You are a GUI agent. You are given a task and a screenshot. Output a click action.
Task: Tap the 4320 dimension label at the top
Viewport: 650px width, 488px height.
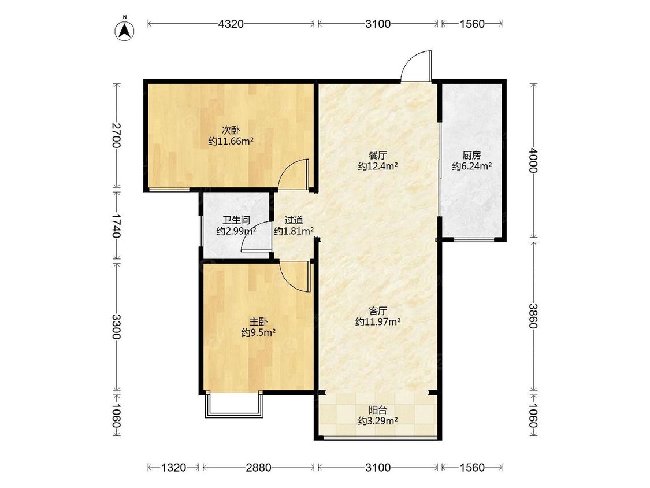(x=231, y=24)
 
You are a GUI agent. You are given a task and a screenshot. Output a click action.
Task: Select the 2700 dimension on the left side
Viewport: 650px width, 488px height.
(x=116, y=135)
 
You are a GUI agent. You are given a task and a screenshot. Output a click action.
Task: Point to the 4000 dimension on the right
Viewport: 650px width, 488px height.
(x=533, y=161)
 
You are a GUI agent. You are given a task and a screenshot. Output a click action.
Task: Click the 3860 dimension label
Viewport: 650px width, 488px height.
(x=533, y=316)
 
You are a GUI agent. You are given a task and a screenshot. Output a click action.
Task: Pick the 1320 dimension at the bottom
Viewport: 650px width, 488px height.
(x=173, y=468)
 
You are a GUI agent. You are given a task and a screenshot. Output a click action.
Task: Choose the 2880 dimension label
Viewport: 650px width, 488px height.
(x=258, y=468)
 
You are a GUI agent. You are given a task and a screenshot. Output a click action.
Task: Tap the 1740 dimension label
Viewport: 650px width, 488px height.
(x=116, y=225)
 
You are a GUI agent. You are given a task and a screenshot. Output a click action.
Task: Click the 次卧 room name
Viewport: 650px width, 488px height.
(x=231, y=130)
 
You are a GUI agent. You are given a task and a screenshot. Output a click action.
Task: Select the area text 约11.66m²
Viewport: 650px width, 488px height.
(x=231, y=142)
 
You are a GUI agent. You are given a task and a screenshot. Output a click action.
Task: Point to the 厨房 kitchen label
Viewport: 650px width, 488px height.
(x=471, y=156)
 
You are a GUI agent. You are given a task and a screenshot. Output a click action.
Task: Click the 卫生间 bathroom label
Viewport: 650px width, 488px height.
(x=236, y=220)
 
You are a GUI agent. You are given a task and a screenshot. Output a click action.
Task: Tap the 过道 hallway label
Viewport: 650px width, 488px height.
(x=294, y=220)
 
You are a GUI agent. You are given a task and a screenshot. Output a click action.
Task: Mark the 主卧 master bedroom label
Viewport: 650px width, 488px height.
(x=258, y=321)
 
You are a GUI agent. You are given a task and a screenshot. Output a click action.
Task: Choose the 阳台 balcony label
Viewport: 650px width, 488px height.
(x=378, y=411)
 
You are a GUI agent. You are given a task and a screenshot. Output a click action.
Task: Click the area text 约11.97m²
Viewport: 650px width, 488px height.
(x=378, y=321)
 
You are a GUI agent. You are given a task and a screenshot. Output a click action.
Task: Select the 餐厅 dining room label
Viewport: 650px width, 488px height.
(x=378, y=156)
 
